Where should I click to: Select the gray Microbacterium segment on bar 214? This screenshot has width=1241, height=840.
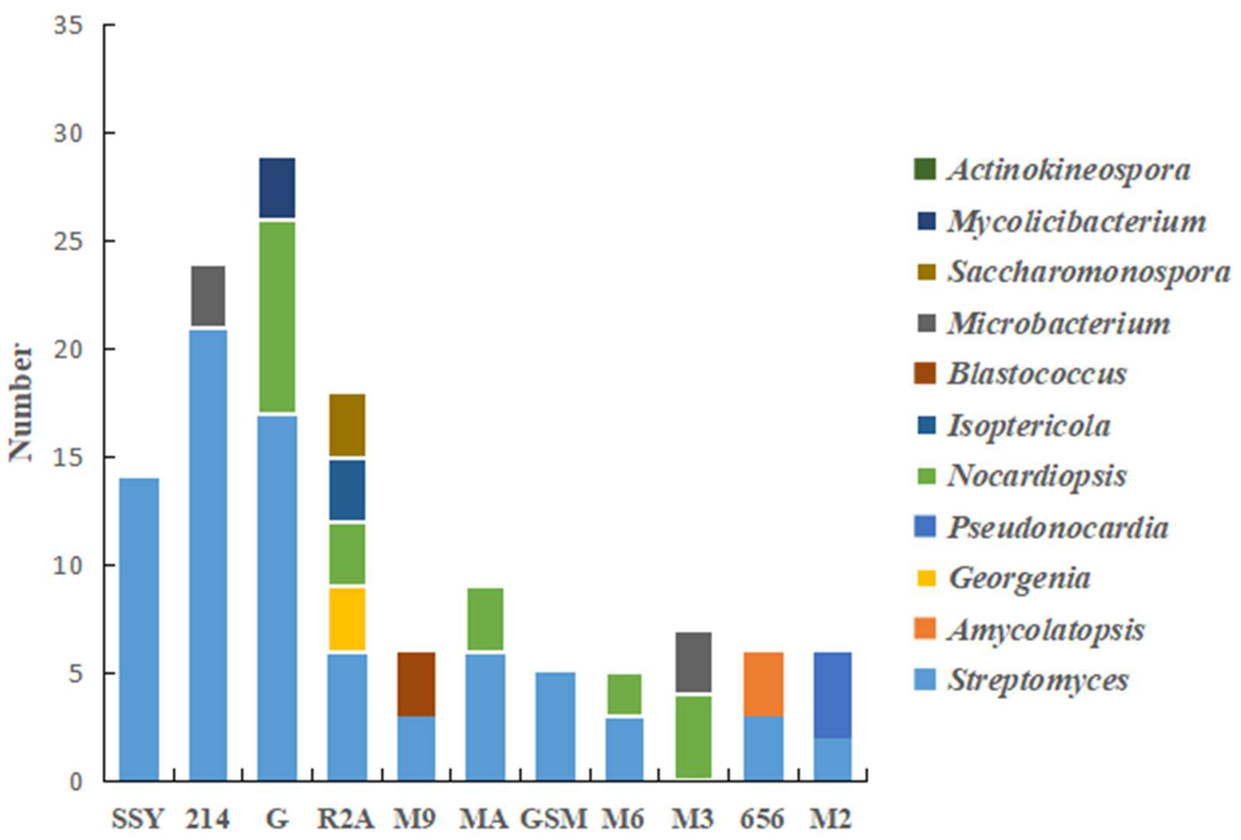click(208, 295)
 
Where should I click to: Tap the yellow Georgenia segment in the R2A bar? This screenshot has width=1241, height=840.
click(347, 618)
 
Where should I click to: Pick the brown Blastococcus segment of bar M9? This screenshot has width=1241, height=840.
click(416, 684)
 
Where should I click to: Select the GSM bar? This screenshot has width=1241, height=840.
click(555, 726)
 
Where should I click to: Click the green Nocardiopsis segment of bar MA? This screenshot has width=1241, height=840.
click(485, 618)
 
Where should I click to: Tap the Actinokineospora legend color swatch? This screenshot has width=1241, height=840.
click(924, 169)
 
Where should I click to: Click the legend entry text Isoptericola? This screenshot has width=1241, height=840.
click(1029, 426)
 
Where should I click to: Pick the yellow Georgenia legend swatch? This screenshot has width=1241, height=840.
click(924, 578)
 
